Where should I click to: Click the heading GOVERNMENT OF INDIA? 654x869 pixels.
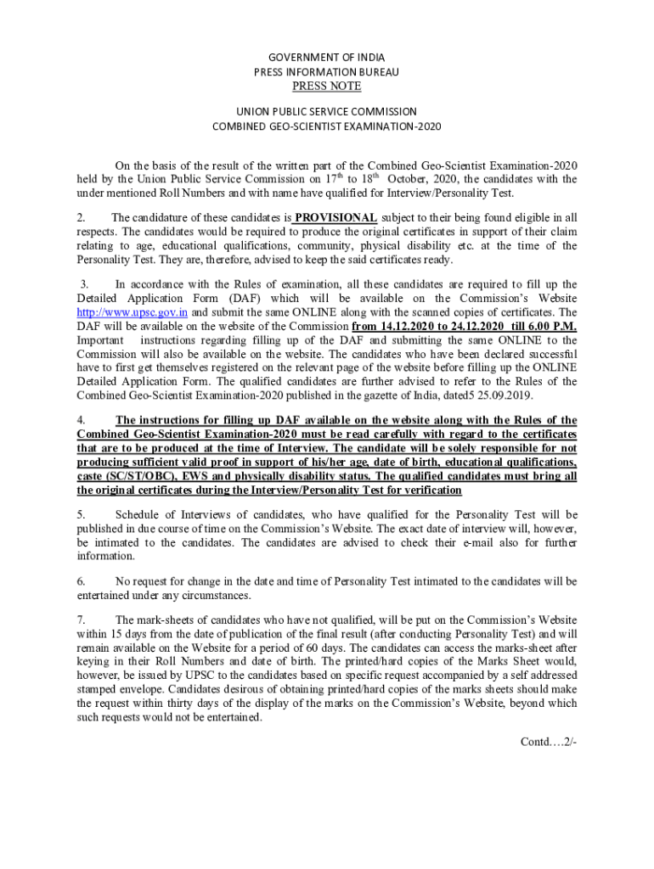327,58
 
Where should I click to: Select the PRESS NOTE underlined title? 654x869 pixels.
327,87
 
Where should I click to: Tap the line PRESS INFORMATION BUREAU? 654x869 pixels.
327,72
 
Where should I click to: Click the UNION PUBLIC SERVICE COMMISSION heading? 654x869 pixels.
327,111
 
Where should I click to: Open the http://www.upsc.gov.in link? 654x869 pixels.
132,312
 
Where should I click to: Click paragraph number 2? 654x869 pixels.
81,217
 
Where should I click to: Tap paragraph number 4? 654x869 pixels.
81,420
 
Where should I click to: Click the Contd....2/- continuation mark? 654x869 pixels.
549,742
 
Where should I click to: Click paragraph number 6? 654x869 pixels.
81,581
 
